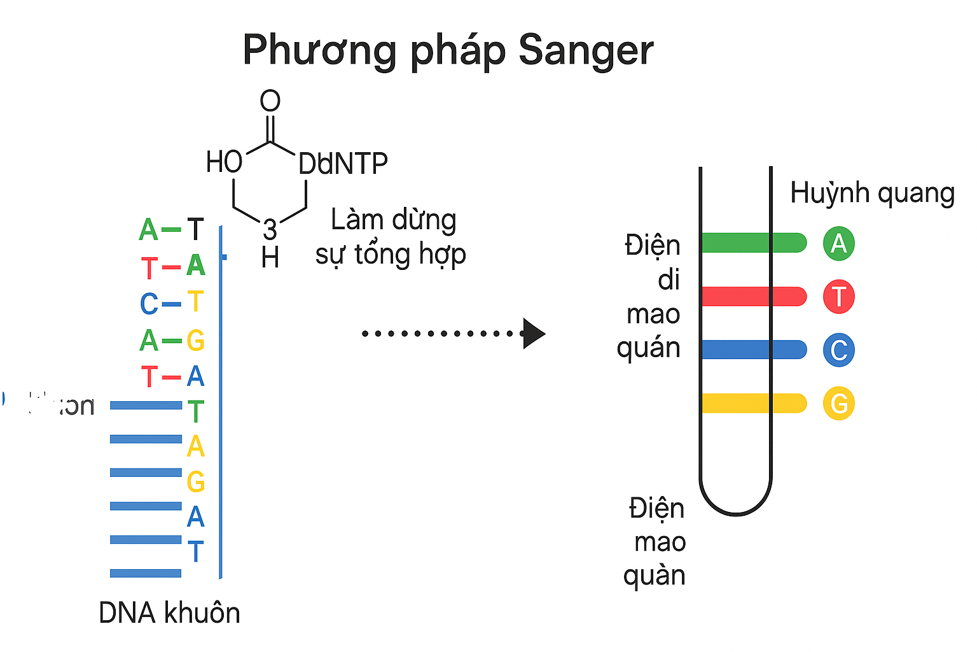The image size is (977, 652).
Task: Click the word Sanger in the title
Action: click(x=586, y=50)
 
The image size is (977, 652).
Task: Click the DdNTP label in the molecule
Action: click(x=343, y=164)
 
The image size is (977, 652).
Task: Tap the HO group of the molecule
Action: click(x=224, y=162)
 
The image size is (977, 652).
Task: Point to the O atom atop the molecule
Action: click(x=270, y=101)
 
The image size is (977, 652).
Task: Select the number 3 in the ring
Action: click(x=270, y=230)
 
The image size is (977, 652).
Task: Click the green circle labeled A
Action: click(x=838, y=243)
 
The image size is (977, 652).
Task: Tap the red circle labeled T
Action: click(x=838, y=297)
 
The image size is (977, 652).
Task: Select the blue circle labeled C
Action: click(x=838, y=350)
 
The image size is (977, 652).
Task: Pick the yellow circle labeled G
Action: click(x=838, y=404)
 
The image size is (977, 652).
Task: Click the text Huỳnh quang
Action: click(x=872, y=193)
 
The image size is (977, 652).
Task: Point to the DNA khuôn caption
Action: click(x=169, y=613)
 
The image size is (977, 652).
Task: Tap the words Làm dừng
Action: click(x=393, y=220)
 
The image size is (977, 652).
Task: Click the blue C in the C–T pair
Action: click(x=149, y=304)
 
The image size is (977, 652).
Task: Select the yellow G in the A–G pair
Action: click(x=195, y=341)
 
